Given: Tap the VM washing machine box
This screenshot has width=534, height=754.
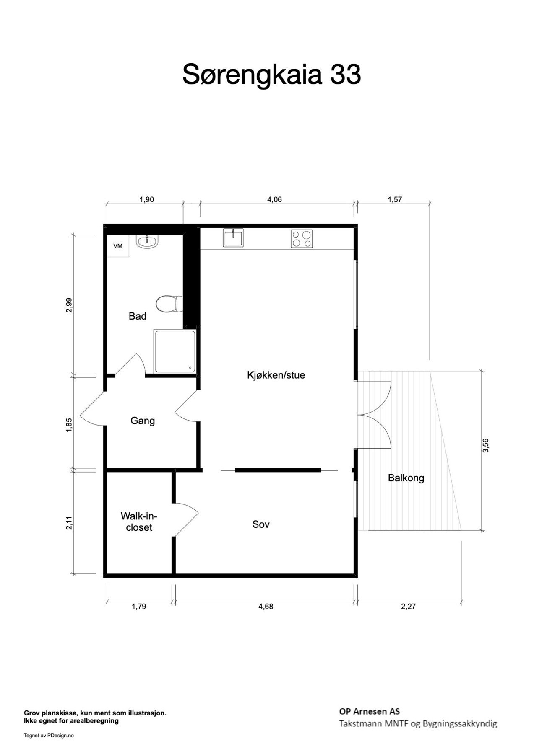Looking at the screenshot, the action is (x=118, y=246).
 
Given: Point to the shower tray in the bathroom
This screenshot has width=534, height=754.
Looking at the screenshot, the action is (x=175, y=351).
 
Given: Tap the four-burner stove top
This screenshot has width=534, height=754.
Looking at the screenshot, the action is (x=302, y=238).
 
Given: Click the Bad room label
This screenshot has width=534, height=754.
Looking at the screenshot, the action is (x=138, y=316).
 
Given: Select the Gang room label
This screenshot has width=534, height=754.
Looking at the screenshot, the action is (x=143, y=421).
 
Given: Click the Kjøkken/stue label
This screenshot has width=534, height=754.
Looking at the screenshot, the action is (x=276, y=375).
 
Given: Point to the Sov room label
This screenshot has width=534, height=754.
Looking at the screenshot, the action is (x=261, y=524).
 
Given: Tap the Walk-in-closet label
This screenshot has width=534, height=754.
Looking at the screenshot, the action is (x=139, y=522).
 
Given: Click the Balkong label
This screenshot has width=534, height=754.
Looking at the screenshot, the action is (x=406, y=478).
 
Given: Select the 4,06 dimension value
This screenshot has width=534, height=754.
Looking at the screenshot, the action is (x=275, y=200).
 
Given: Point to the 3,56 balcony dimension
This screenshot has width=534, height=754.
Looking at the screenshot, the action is (x=486, y=445).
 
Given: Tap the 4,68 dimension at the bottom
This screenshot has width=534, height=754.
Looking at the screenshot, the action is (x=266, y=606).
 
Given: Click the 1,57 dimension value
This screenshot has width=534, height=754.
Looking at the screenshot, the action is (x=395, y=200).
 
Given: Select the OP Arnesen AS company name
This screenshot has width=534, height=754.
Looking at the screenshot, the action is (x=370, y=711).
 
